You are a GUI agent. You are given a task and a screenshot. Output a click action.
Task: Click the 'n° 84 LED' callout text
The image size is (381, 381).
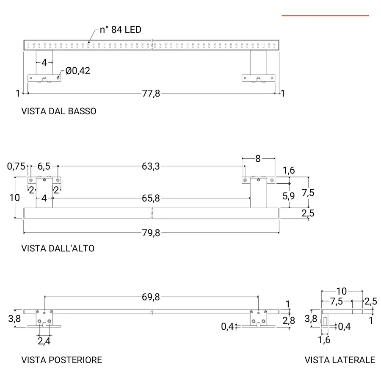coord(120,30)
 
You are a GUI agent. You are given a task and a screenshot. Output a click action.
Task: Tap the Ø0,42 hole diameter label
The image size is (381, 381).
coord(78,71)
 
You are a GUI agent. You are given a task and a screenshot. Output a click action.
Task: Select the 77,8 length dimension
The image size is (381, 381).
coord(151,94)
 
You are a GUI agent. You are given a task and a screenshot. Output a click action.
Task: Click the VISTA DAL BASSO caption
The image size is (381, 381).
coord(59,111)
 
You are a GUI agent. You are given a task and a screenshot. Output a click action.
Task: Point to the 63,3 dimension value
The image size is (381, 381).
coord(151,166)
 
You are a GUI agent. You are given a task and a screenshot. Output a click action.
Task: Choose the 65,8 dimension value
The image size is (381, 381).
coord(151,198)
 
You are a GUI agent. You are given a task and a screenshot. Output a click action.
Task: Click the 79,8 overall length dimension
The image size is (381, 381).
coord(151,233)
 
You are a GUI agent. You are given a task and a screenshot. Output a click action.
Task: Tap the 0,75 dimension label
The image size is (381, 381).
coord(16,166)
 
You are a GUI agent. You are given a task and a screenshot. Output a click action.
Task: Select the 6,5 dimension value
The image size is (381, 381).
coord(44,166)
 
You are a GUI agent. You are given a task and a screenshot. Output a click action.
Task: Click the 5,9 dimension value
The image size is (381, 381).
coord(289,196)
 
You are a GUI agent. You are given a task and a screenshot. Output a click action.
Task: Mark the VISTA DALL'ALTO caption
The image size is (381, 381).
coord(58,248)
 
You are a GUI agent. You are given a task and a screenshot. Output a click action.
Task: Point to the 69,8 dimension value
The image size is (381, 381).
coord(151,297)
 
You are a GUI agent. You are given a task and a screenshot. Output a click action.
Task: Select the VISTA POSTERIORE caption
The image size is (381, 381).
coord(62,360)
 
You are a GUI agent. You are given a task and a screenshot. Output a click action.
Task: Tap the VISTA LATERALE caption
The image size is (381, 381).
coord(340,360)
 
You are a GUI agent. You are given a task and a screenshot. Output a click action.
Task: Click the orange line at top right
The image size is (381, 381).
coord(325,16)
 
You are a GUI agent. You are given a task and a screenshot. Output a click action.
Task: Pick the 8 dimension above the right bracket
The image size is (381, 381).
coord(258,159)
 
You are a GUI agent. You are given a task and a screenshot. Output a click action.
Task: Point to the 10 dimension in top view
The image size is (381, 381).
coord(14,197)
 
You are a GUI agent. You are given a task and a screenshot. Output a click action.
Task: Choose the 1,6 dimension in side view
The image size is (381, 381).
coord(324,340)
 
